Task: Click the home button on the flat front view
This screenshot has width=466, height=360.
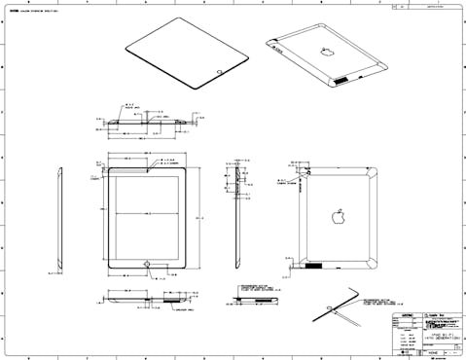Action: click(x=147, y=263)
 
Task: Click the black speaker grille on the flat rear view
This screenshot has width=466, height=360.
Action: click(x=313, y=265)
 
